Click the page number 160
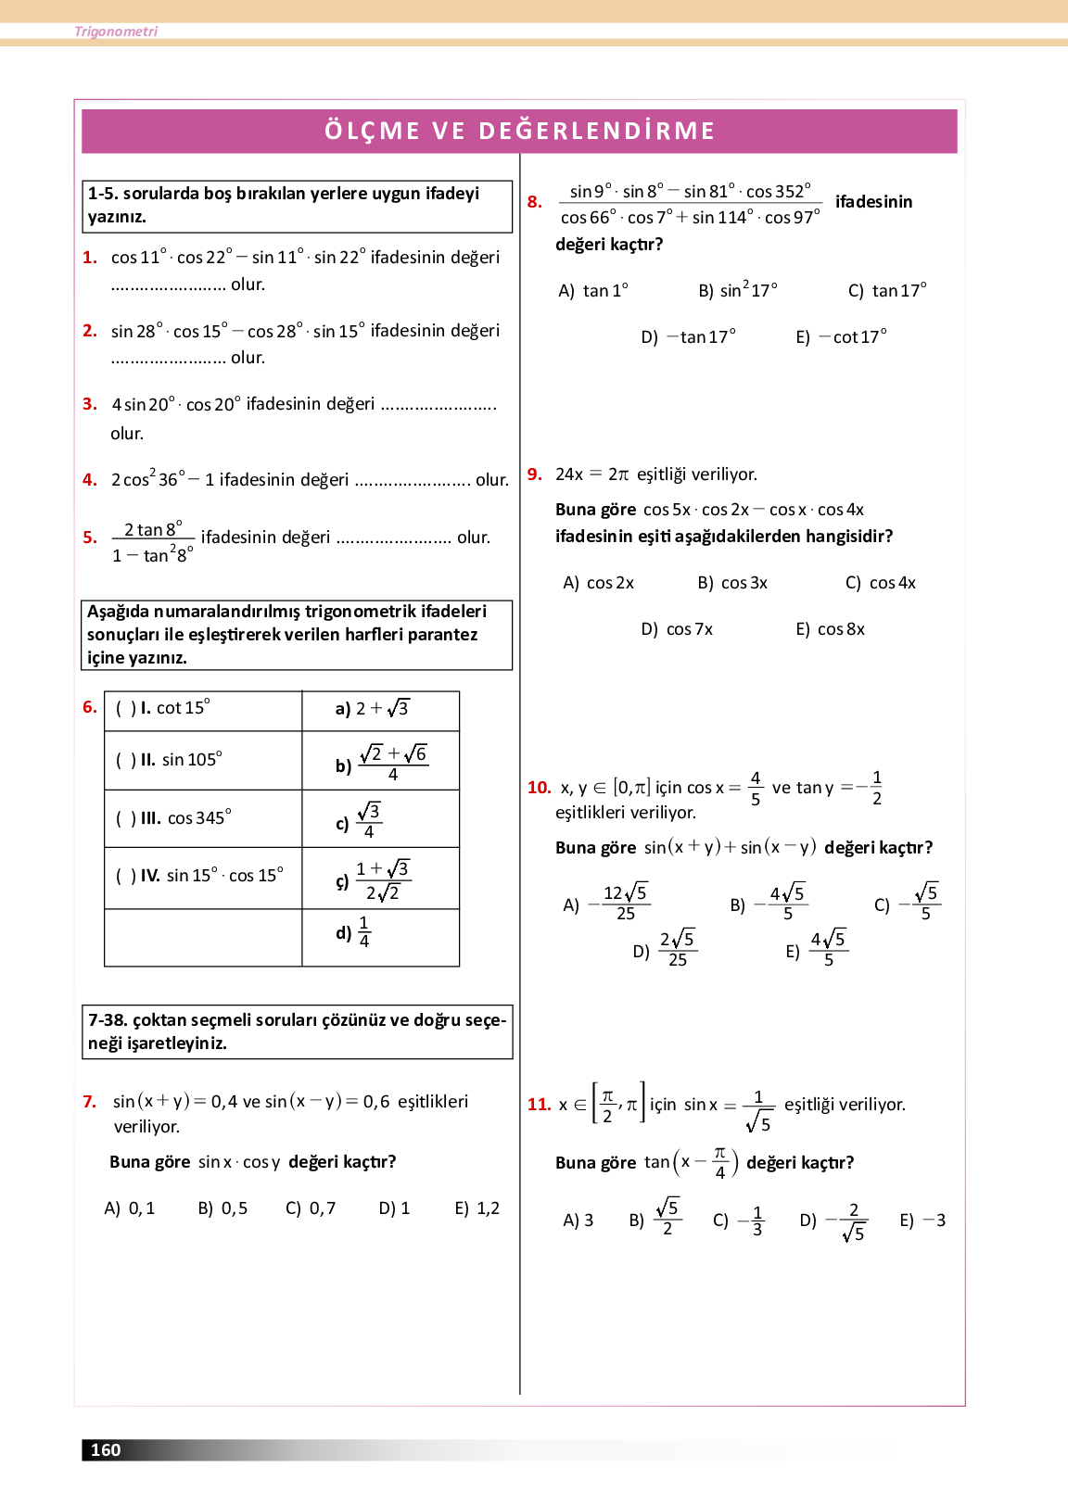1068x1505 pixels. pyautogui.click(x=106, y=1450)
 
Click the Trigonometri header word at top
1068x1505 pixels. pyautogui.click(x=116, y=32)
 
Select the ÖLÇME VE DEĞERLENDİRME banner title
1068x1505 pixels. pyautogui.click(x=519, y=131)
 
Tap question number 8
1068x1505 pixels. pyautogui.click(x=534, y=202)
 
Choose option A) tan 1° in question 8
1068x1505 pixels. pyautogui.click(x=593, y=291)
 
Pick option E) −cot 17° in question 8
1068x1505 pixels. pyautogui.click(x=841, y=337)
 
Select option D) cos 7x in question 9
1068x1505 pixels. pyautogui.click(x=677, y=629)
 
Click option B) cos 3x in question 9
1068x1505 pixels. pyautogui.click(x=732, y=583)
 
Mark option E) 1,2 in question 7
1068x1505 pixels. pyautogui.click(x=477, y=1208)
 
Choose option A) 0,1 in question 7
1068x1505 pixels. pyautogui.click(x=130, y=1208)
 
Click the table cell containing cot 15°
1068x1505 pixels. pyautogui.click(x=203, y=709)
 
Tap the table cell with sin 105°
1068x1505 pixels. pyautogui.click(x=203, y=760)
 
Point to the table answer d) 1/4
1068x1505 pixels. pyautogui.click(x=353, y=932)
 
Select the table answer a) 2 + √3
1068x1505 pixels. pyautogui.click(x=372, y=709)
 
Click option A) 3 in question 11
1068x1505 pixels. pyautogui.click(x=578, y=1220)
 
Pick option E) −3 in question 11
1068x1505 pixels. pyautogui.click(x=922, y=1220)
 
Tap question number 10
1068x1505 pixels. pyautogui.click(x=539, y=788)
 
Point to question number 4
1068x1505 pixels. pyautogui.click(x=89, y=480)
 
